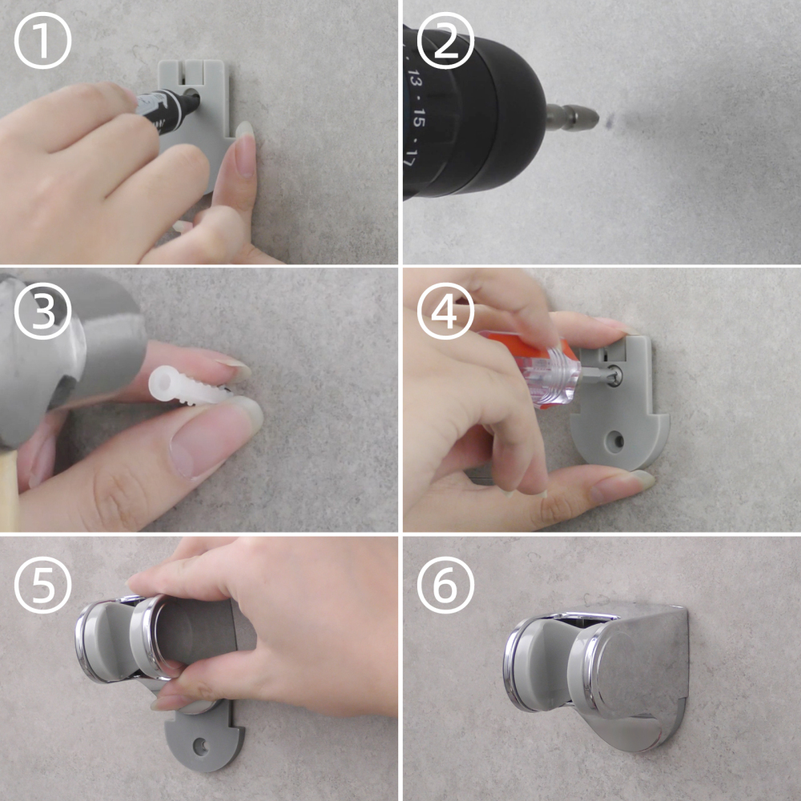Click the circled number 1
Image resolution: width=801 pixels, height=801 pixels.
[42, 40]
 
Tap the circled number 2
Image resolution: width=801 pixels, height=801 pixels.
[445, 40]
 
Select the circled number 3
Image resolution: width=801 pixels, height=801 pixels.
[42, 311]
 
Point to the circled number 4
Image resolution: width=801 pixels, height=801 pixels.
[445, 311]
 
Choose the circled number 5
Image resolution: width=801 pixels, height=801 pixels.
[42, 585]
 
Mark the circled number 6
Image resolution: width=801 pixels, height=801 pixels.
[445, 585]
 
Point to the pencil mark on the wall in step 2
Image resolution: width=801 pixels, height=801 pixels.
[610, 122]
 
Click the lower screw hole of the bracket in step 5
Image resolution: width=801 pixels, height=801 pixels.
[201, 747]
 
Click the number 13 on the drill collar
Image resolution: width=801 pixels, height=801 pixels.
[414, 81]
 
